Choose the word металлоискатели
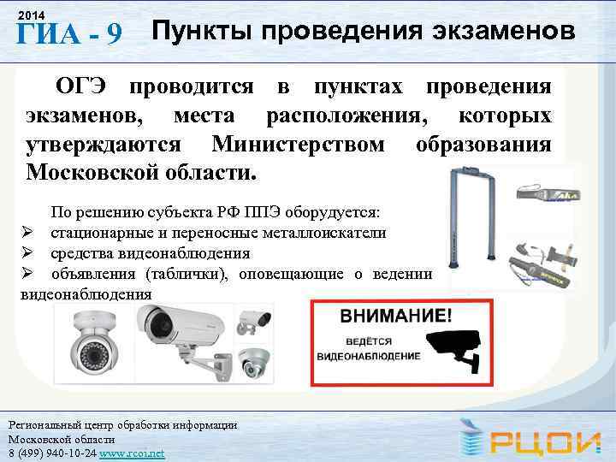pyautogui.click(x=330, y=232)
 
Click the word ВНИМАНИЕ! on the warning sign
pyautogui.click(x=394, y=316)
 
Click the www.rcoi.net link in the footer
pyautogui.click(x=133, y=452)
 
